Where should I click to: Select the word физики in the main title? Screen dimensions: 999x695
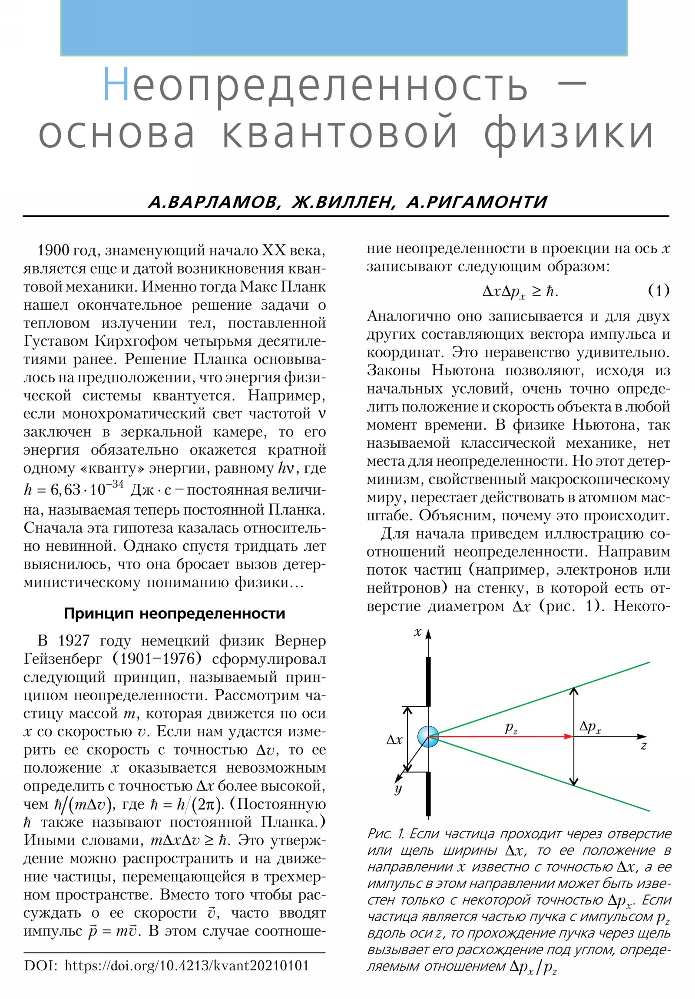coord(568,132)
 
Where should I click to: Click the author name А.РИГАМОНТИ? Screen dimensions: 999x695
coord(477,202)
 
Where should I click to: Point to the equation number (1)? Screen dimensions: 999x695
coord(659,290)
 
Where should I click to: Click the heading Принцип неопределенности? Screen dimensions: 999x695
coord(175,613)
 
